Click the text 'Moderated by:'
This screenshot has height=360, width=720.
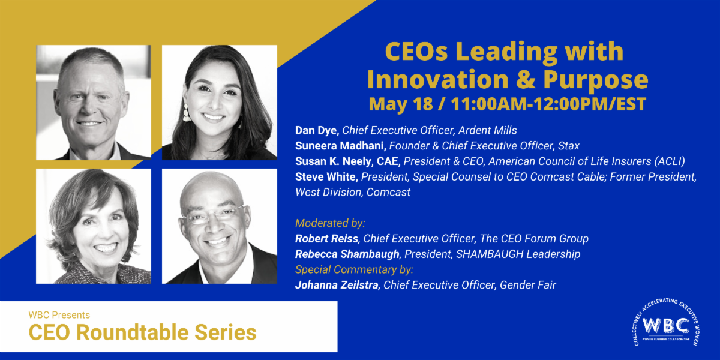pyautogui.click(x=329, y=223)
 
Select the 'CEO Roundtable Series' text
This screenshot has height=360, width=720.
pyautogui.click(x=142, y=332)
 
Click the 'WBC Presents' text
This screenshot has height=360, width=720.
pyautogui.click(x=59, y=314)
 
